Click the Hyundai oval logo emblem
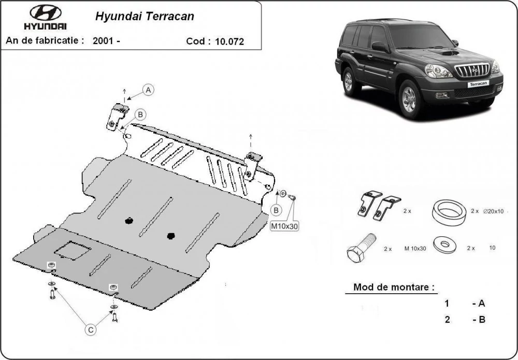(45, 12)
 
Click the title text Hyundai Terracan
(145, 17)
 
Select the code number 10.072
(229, 41)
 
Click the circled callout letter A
(148, 90)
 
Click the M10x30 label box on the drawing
(284, 226)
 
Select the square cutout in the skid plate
(73, 250)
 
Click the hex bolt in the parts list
(361, 248)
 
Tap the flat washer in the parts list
(445, 244)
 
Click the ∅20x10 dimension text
(493, 211)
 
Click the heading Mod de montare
(394, 286)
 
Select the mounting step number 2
(448, 320)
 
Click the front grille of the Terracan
(472, 70)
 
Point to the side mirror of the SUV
(380, 47)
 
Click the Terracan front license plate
(478, 84)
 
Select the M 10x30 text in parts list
(415, 249)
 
